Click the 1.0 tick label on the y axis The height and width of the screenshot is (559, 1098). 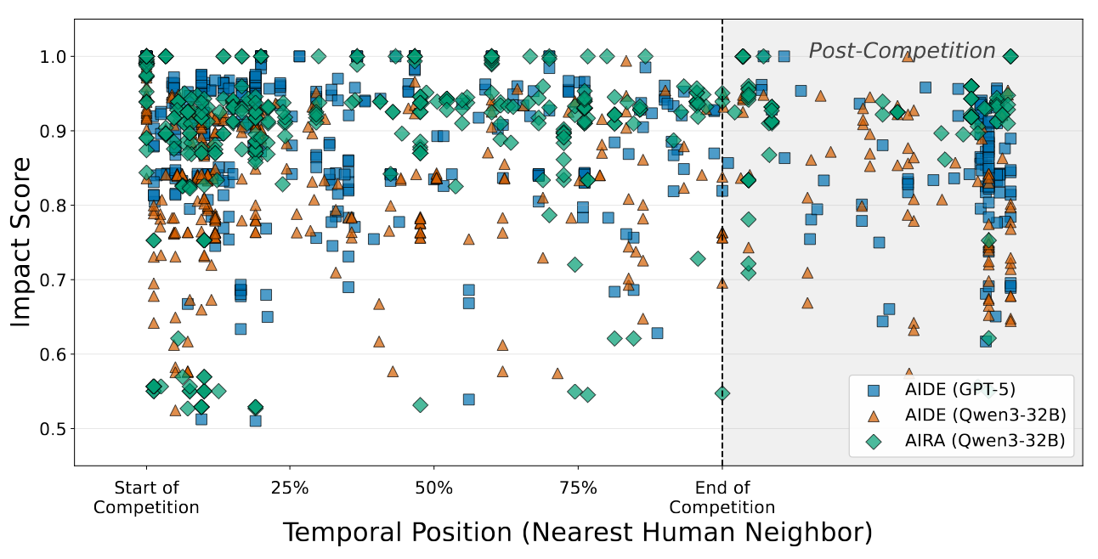tap(53, 57)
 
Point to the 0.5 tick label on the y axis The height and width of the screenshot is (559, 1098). tap(53, 429)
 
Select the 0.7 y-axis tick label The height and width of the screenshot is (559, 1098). tap(53, 279)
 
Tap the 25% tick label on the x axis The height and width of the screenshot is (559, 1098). tap(290, 488)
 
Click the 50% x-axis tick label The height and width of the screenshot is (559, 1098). tap(433, 488)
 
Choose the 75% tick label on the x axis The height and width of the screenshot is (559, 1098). tap(578, 488)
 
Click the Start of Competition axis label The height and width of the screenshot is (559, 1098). tap(146, 497)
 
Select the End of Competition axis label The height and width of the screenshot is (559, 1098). tap(722, 497)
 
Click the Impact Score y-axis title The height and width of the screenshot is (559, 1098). tap(20, 242)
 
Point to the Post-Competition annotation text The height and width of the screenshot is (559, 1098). tap(902, 50)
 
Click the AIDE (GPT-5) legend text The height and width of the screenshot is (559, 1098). tap(959, 389)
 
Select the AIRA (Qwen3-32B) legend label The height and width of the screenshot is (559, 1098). tap(985, 441)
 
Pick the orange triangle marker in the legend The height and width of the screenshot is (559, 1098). tap(874, 416)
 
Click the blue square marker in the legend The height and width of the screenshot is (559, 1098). tap(874, 391)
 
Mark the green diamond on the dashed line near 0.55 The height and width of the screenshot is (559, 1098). tap(722, 393)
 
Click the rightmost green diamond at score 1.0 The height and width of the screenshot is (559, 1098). tap(1010, 57)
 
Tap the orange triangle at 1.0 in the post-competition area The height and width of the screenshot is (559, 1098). tap(908, 56)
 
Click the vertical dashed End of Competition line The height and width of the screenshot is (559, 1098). tap(722, 242)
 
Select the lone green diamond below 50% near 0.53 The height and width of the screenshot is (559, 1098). tap(420, 405)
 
